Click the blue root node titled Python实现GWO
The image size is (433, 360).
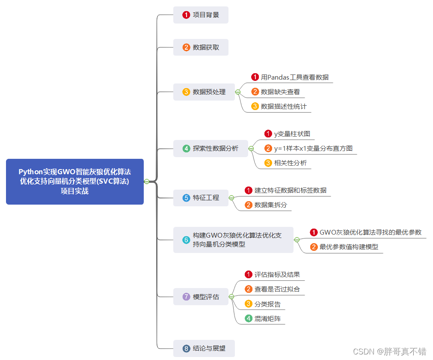(75, 181)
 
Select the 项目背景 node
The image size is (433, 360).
(201, 15)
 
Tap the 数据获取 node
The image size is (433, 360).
(201, 48)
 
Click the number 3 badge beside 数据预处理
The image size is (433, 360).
(186, 92)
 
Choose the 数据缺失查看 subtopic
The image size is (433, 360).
(280, 92)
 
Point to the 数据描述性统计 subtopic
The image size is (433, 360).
(284, 106)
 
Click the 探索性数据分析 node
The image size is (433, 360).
(211, 149)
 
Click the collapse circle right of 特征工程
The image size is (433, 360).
(231, 198)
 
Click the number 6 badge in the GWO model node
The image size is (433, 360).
(186, 240)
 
